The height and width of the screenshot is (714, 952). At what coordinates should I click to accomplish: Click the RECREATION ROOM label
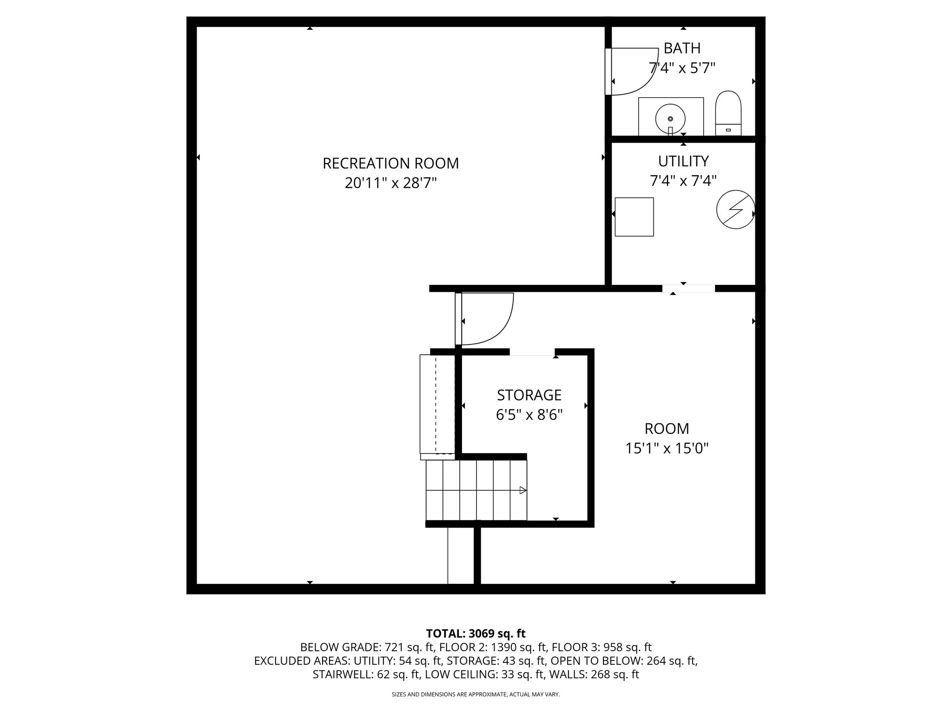click(390, 164)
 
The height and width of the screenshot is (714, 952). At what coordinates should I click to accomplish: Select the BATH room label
click(682, 48)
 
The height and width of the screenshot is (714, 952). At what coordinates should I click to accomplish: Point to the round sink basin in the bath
click(670, 118)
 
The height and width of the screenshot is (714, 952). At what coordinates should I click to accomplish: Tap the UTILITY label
click(683, 161)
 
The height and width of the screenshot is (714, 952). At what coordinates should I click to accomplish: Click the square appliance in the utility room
click(634, 217)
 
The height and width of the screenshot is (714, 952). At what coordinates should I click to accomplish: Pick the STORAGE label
click(529, 395)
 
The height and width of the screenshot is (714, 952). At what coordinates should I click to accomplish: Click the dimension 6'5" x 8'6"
click(529, 415)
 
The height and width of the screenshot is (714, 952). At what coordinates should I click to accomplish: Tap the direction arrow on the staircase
click(522, 490)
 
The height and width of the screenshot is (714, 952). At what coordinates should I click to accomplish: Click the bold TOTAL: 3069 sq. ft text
click(476, 634)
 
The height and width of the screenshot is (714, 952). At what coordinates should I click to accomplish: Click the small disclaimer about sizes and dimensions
click(476, 694)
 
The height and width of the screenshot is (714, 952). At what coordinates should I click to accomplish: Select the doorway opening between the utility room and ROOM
click(688, 289)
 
